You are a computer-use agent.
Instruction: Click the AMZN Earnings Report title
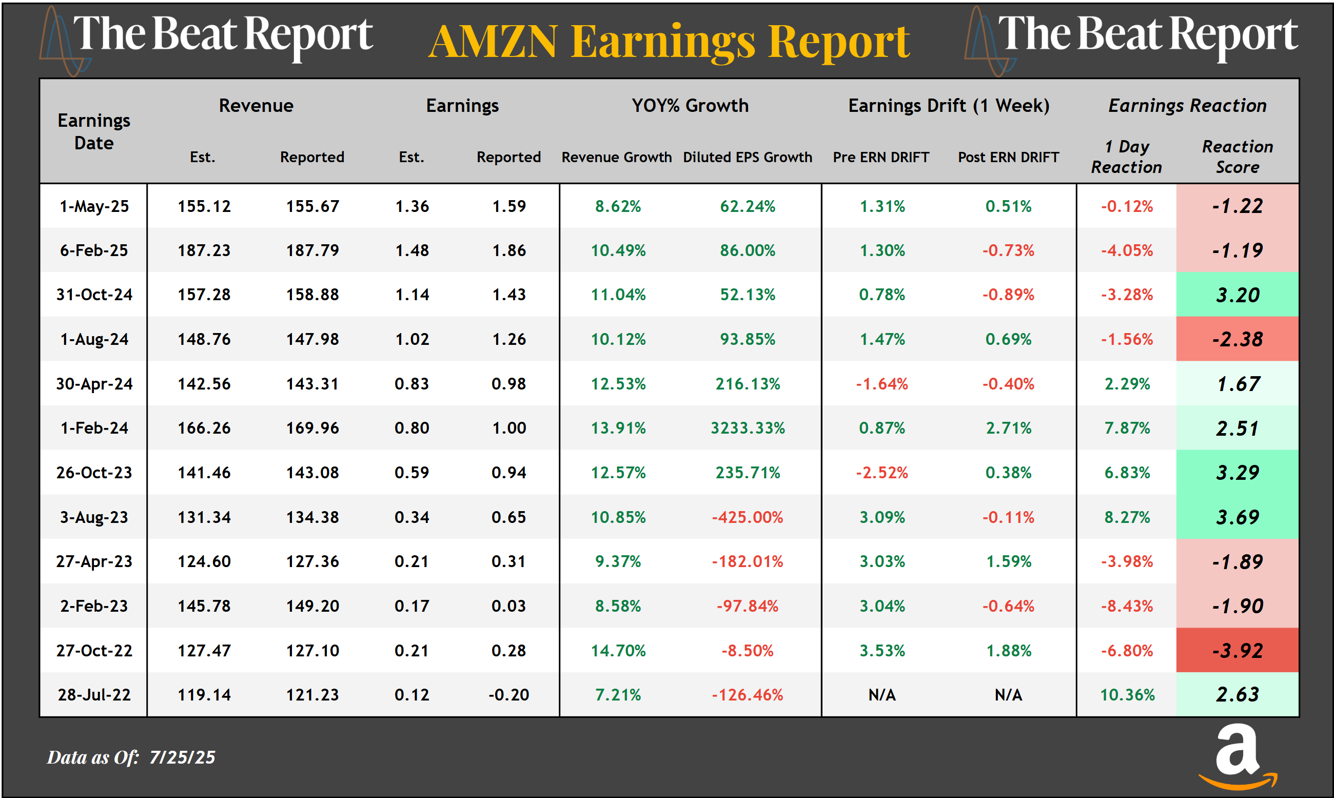[669, 42]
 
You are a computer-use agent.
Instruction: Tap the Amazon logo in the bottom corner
[1238, 756]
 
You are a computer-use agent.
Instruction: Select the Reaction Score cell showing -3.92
[1237, 651]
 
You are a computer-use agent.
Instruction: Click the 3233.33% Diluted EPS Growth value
[748, 428]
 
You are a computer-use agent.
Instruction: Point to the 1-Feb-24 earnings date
[94, 428]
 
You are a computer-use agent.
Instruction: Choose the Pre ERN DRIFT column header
[881, 157]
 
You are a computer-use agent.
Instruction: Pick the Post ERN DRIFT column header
[1008, 157]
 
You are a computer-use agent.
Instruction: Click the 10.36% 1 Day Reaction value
[1127, 695]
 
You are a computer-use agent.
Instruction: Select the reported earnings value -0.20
[508, 695]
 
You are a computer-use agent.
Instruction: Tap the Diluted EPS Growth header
[748, 157]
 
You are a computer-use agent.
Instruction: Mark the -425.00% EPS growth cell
[748, 517]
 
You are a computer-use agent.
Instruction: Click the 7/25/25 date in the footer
[182, 757]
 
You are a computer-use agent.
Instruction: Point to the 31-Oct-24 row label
[94, 295]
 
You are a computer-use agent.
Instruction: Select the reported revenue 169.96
[312, 428]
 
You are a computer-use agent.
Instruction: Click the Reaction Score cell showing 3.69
[1237, 517]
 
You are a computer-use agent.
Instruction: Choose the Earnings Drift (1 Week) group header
[949, 105]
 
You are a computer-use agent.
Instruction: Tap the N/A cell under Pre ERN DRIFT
[882, 695]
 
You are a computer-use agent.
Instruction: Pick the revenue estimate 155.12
[204, 206]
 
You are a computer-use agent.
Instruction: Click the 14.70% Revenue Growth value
[618, 651]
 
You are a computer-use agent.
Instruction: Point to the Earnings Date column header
[94, 132]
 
